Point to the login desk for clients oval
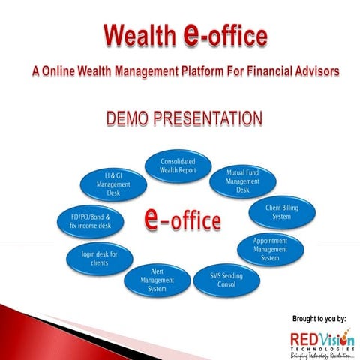pos(99,259)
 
